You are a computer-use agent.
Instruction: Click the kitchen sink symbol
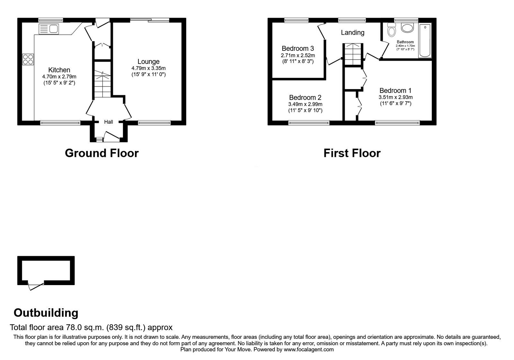tap(48, 29)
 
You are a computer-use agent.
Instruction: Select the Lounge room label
tap(148, 61)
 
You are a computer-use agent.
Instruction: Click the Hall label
tap(109, 122)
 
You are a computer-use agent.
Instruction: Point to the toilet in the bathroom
tap(391, 30)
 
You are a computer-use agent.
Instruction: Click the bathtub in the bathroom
tap(425, 40)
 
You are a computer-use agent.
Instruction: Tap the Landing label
tap(352, 32)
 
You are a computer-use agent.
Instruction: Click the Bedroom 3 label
tap(297, 49)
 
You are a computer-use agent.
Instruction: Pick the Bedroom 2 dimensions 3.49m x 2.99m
tap(305, 104)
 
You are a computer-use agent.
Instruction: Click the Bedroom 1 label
tap(395, 91)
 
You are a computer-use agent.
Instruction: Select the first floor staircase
tap(352, 54)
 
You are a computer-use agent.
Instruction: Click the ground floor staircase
tap(102, 85)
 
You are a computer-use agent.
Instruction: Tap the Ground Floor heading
tap(102, 153)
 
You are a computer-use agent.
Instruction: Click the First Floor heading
tap(352, 153)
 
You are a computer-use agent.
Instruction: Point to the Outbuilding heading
tap(46, 312)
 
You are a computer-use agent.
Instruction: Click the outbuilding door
tap(36, 285)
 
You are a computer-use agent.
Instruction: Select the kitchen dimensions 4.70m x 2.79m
tap(59, 76)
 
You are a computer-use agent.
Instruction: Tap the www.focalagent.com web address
tap(309, 349)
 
